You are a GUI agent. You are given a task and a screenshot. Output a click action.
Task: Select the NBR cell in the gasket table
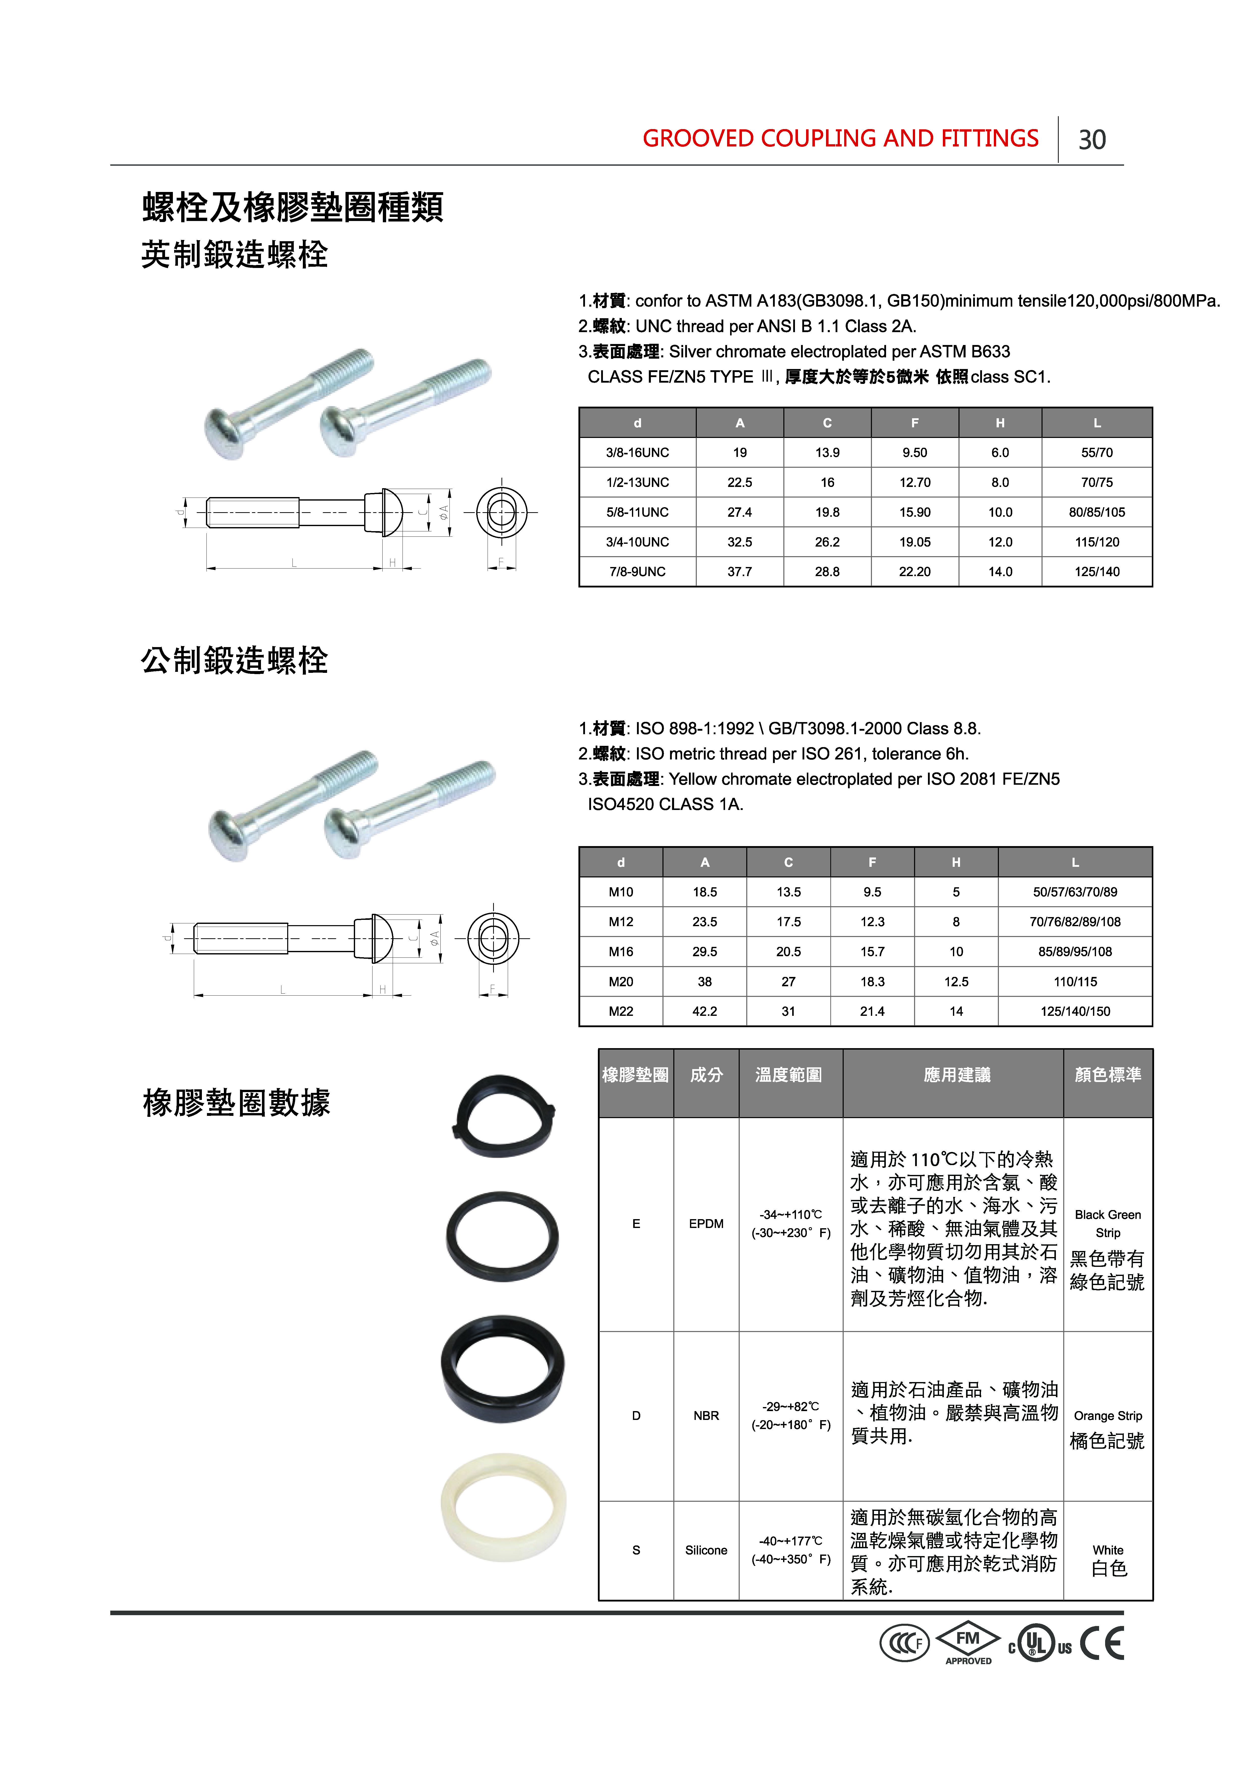706,1415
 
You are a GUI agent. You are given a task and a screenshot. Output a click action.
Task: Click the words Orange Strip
1108,1415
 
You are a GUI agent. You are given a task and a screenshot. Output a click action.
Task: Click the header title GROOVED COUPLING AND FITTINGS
840,139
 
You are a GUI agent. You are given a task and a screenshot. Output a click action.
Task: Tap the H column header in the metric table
956,862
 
